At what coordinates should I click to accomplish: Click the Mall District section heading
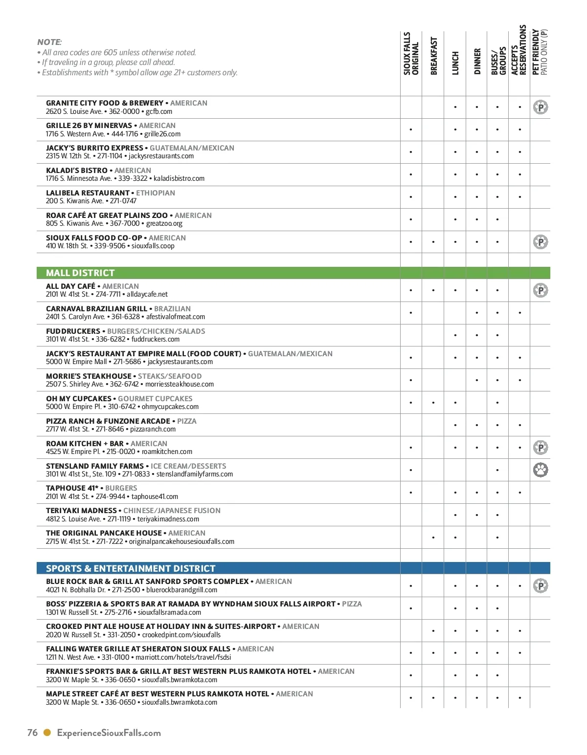pos(80,273)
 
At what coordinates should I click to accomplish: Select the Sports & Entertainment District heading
pos(131,568)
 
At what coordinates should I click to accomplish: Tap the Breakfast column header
pos(433,56)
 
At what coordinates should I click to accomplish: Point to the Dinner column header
pos(477,61)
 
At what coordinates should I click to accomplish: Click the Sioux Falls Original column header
pos(411,54)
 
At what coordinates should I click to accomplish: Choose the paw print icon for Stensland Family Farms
pos(541,470)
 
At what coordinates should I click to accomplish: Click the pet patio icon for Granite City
pos(541,107)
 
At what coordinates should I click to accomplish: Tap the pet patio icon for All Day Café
pos(541,290)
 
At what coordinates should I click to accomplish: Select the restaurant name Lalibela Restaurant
pos(88,193)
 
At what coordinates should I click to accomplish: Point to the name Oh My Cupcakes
pos(78,399)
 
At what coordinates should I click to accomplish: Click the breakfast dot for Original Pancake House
pos(433,538)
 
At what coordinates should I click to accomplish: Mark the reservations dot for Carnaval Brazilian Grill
pos(519,313)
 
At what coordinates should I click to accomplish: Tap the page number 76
pos(32,733)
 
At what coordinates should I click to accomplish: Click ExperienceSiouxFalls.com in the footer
pos(109,733)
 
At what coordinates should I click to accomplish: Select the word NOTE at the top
pos(49,42)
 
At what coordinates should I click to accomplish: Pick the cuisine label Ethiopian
pos(156,193)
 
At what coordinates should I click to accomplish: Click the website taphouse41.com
pos(155,496)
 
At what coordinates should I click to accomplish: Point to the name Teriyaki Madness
pos(81,511)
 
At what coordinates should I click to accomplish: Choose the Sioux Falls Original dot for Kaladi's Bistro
pos(411,174)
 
